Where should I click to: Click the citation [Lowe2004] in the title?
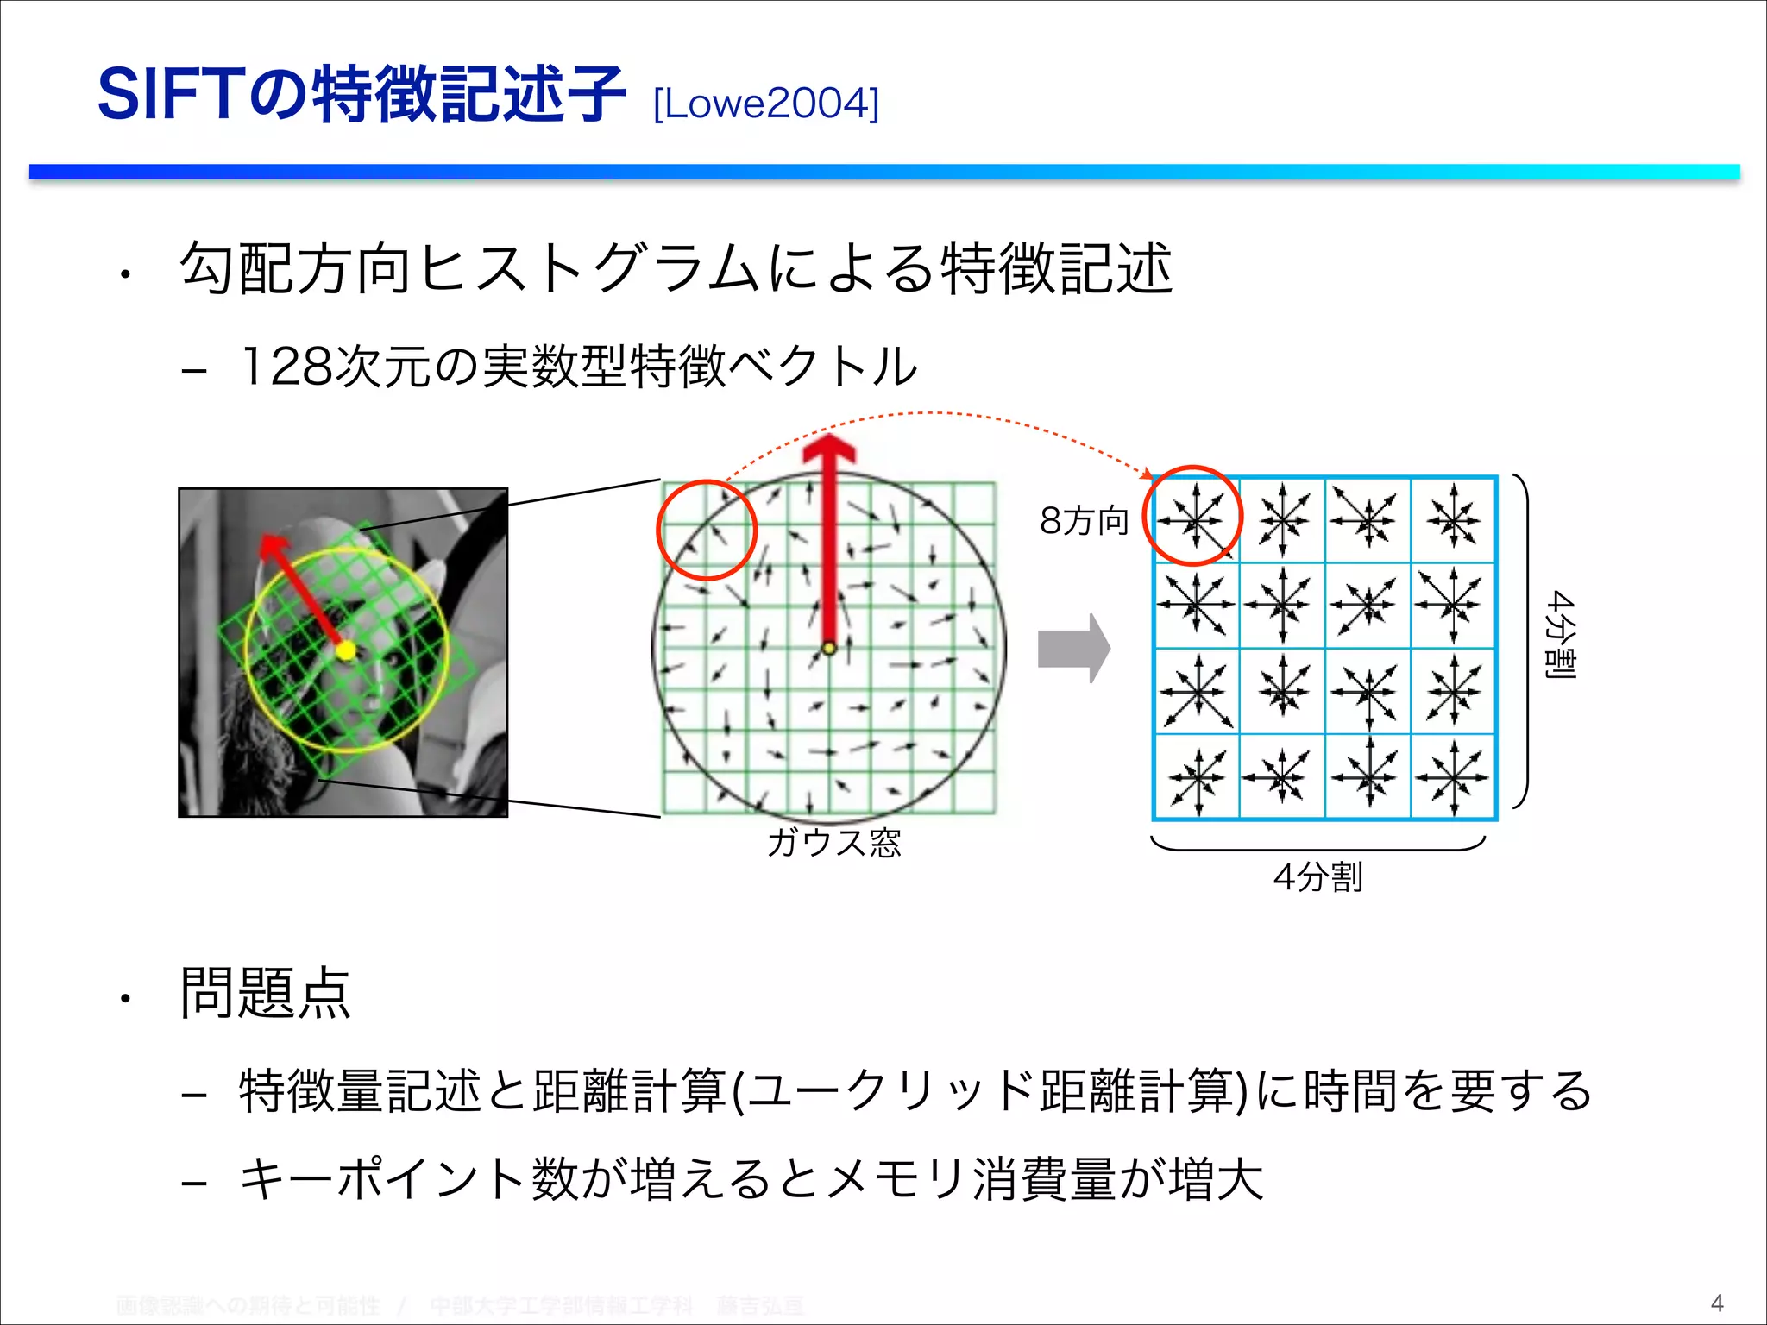[x=766, y=104]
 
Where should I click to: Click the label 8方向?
[x=1084, y=521]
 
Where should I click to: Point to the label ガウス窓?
[x=833, y=842]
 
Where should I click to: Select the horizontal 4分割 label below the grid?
[x=1317, y=877]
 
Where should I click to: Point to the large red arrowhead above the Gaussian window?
[x=829, y=451]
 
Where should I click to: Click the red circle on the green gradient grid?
[x=707, y=530]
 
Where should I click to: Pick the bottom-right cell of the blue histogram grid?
[x=1454, y=776]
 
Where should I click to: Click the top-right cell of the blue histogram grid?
[x=1454, y=519]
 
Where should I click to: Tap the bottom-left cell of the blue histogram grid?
[x=1197, y=776]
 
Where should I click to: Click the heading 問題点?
[x=265, y=994]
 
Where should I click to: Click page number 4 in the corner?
[x=1716, y=1303]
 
